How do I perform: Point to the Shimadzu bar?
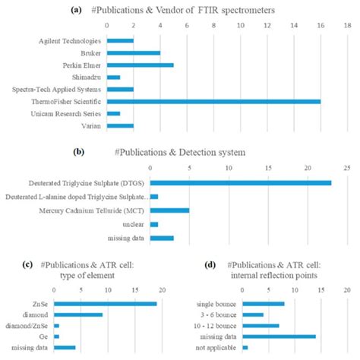click(114, 77)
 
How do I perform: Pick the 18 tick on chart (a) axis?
click(347, 24)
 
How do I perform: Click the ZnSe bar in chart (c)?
click(106, 304)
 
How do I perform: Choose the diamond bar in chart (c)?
click(78, 314)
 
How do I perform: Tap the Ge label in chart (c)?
click(45, 336)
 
